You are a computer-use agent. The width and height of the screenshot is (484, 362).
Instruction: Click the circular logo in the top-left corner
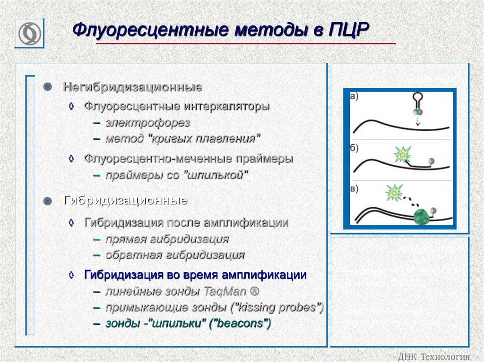[x=29, y=34]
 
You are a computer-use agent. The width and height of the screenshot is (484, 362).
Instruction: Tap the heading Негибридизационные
[x=133, y=87]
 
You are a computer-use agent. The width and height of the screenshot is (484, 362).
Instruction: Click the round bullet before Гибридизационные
[x=47, y=201]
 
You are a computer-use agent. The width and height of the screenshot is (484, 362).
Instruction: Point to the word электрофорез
[x=147, y=123]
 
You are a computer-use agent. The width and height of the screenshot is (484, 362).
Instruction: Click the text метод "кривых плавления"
[x=183, y=139]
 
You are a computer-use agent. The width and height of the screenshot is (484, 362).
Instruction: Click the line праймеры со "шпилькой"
[x=177, y=175]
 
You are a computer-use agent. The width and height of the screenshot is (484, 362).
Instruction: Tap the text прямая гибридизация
[x=167, y=239]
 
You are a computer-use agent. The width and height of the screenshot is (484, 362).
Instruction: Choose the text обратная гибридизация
[x=175, y=255]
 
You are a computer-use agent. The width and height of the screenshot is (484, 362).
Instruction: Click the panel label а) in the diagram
[x=354, y=96]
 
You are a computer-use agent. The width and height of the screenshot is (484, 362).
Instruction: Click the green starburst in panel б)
[x=403, y=154]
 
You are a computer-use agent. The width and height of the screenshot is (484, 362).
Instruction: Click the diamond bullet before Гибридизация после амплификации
[x=71, y=222]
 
